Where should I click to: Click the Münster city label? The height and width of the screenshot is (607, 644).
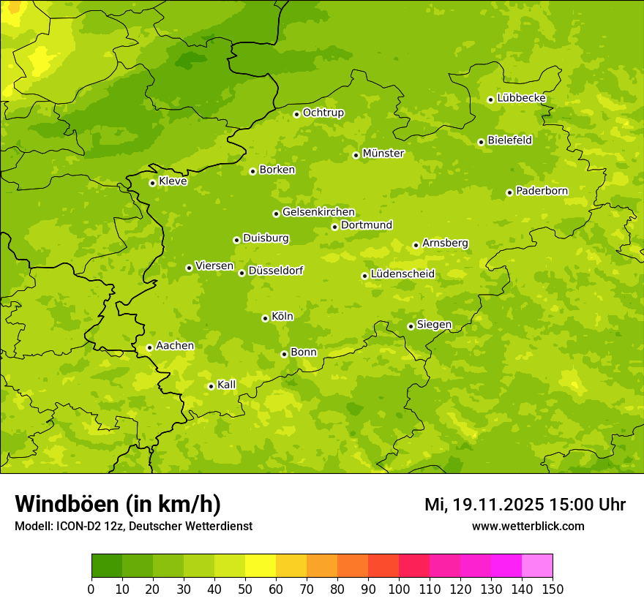click(x=383, y=154)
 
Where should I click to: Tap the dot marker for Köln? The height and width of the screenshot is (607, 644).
click(x=265, y=318)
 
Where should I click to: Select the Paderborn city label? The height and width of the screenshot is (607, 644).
click(x=542, y=191)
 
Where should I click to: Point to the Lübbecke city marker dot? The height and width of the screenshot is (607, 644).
click(x=490, y=99)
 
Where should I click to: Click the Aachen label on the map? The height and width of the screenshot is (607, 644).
click(x=175, y=346)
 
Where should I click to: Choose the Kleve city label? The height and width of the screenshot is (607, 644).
click(x=173, y=181)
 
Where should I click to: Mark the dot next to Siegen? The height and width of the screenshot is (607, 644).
click(x=411, y=326)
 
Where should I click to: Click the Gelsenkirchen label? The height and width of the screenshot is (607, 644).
click(x=318, y=212)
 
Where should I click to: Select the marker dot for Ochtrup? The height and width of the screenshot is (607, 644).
click(x=296, y=114)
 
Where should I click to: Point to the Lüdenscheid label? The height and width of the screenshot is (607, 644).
click(x=402, y=274)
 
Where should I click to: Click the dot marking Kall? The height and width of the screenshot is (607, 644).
click(x=211, y=386)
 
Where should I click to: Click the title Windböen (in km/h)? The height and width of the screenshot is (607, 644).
click(x=117, y=504)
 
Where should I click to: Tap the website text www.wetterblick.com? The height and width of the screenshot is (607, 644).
click(x=528, y=526)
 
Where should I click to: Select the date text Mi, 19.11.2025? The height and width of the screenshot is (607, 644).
click(x=484, y=505)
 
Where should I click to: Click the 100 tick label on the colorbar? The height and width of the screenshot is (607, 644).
click(x=399, y=589)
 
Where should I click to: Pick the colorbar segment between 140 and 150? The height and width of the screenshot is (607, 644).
click(x=537, y=566)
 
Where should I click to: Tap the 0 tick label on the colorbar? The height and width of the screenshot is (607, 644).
click(x=91, y=589)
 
